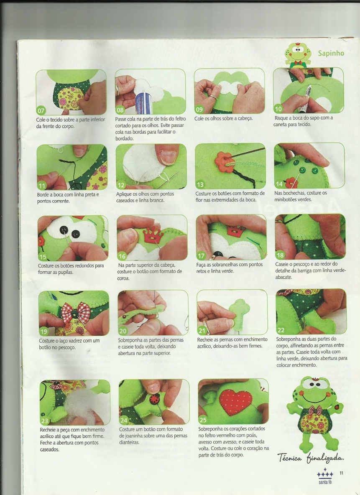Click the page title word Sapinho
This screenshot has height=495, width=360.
click(x=331, y=53)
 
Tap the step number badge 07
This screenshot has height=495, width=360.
click(x=41, y=110)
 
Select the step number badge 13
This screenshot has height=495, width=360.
click(x=200, y=184)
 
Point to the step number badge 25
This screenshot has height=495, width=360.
click(x=203, y=420)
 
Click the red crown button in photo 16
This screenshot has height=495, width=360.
click(x=153, y=235)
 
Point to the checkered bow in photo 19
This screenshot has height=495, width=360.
click(x=76, y=313)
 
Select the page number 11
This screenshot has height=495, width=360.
click(x=341, y=473)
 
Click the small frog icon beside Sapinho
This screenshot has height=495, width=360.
click(x=298, y=55)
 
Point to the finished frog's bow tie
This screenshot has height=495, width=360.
click(x=315, y=410)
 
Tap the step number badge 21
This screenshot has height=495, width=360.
click(x=202, y=331)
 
